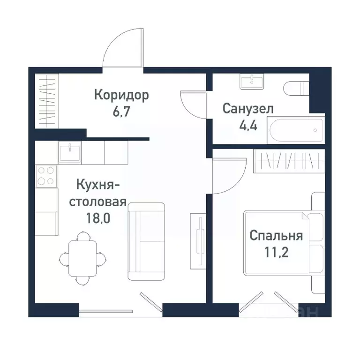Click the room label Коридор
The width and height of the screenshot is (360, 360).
coord(121,95)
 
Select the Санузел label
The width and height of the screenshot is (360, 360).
coord(248,109)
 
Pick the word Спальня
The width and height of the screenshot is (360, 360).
coord(276,235)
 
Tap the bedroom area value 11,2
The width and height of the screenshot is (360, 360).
coord(276,252)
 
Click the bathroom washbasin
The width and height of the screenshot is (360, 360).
coord(253,81)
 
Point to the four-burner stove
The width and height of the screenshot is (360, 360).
coord(46,176)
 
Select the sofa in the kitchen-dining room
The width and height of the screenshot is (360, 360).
coord(146,241)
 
